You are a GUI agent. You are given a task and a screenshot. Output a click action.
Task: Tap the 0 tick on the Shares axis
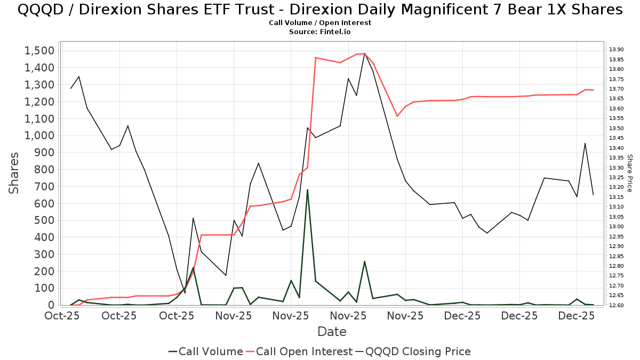(51, 305)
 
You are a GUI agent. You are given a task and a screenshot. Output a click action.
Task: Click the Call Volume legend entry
(205, 351)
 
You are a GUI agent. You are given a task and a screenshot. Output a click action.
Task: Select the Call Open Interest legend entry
(299, 351)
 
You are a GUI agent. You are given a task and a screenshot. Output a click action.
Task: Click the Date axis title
(332, 332)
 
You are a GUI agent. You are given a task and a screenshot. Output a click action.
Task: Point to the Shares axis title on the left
(14, 173)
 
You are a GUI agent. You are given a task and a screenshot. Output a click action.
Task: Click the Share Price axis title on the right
(629, 173)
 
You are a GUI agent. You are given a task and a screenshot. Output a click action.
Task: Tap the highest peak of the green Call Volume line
(307, 189)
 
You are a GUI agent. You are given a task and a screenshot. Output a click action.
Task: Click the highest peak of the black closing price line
(365, 53)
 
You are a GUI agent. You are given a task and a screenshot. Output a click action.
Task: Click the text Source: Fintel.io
(320, 32)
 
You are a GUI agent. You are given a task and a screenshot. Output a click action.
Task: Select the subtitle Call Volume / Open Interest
(320, 23)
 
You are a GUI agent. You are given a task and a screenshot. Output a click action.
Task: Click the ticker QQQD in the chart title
(38, 10)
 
